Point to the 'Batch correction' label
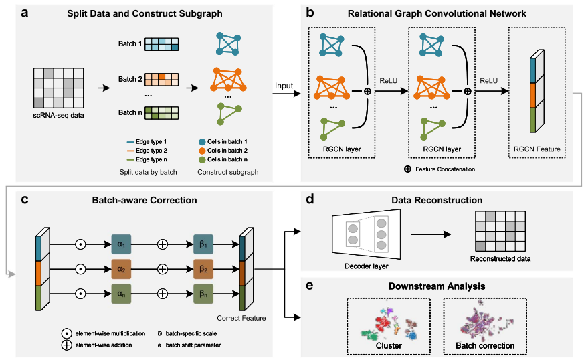coord(485,346)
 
